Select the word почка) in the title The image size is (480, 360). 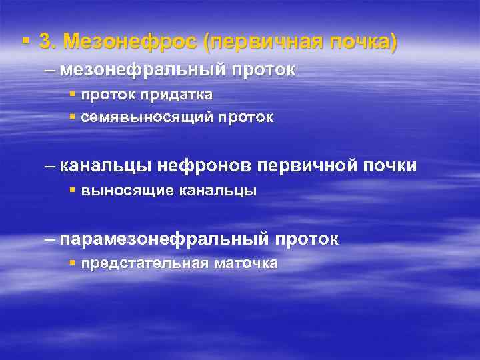pos(361,42)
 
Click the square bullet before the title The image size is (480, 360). pos(25,41)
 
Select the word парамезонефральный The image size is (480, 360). pos(164,239)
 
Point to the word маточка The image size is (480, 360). pos(246,263)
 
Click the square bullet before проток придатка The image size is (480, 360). pos(73,95)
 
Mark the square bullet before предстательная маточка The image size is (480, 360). pos(73,263)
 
